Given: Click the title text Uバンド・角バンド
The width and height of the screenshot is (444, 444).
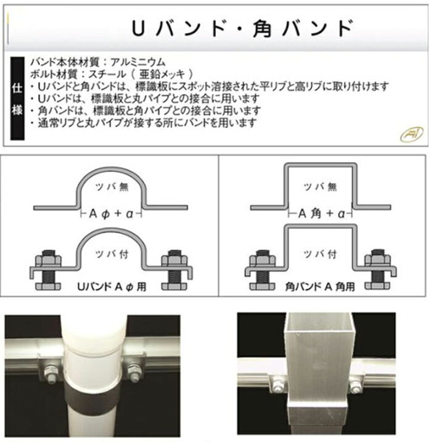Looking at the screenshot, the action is pyautogui.click(x=243, y=28).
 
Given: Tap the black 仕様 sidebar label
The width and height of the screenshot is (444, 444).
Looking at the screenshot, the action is pyautogui.click(x=17, y=99).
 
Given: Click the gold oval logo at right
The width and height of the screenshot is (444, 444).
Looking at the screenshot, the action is pyautogui.click(x=411, y=134).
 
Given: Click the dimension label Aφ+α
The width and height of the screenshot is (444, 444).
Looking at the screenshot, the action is pyautogui.click(x=111, y=214).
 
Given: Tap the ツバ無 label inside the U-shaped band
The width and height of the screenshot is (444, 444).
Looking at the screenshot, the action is pyautogui.click(x=112, y=187).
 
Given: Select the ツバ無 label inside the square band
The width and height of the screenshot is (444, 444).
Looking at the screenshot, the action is pyautogui.click(x=320, y=187).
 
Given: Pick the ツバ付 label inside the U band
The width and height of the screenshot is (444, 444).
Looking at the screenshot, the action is pyautogui.click(x=112, y=254).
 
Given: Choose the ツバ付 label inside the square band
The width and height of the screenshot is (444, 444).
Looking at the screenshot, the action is pyautogui.click(x=320, y=254).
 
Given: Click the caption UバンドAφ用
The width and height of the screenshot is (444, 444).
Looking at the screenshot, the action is pyautogui.click(x=112, y=287).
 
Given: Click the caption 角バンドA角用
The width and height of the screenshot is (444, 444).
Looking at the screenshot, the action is pyautogui.click(x=320, y=287).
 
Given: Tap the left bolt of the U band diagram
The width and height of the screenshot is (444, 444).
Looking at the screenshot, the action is pyautogui.click(x=48, y=270).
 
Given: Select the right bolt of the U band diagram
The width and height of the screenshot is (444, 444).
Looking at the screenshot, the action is pyautogui.click(x=175, y=270).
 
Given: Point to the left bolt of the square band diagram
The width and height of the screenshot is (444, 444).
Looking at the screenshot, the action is pyautogui.click(x=263, y=270).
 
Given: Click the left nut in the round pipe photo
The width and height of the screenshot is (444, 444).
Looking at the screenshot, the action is pyautogui.click(x=51, y=374).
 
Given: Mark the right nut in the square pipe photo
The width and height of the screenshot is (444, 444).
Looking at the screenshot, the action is pyautogui.click(x=354, y=385).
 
